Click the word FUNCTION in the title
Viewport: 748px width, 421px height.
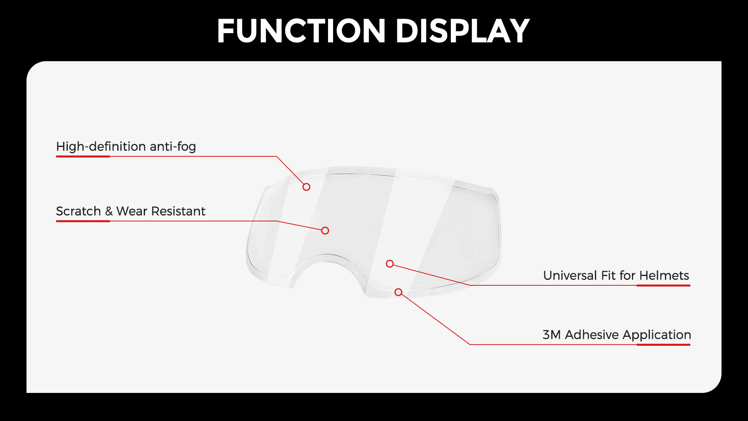(x=301, y=31)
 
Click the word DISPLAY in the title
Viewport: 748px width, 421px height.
(x=462, y=31)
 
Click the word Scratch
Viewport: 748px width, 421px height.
(x=78, y=211)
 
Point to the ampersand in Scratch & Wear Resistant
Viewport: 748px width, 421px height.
(x=109, y=211)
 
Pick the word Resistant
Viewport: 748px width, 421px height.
(x=178, y=211)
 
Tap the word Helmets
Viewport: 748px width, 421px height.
(x=664, y=276)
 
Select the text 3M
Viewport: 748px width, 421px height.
(x=552, y=335)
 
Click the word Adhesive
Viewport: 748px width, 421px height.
(x=592, y=335)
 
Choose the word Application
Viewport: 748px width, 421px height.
(x=656, y=335)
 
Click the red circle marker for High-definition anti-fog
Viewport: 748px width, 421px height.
(x=307, y=187)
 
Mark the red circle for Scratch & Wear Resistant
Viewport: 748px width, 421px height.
(x=325, y=231)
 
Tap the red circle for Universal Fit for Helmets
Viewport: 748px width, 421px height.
(x=390, y=264)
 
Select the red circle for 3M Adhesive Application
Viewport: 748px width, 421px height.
(x=398, y=292)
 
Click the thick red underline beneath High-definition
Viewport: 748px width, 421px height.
(x=83, y=156)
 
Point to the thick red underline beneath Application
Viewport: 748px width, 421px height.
(x=663, y=345)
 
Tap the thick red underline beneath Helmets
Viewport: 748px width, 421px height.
(x=663, y=285)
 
